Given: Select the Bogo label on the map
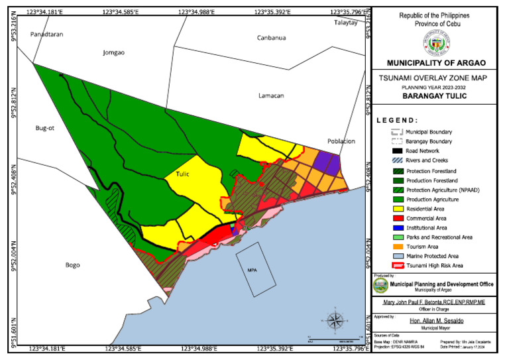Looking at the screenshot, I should tap(72, 265).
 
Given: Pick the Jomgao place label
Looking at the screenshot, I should tap(113, 52).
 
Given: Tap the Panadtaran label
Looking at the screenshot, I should tap(46, 34).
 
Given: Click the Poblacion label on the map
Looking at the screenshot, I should tap(341, 141).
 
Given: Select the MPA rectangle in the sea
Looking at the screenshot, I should tap(252, 270).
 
